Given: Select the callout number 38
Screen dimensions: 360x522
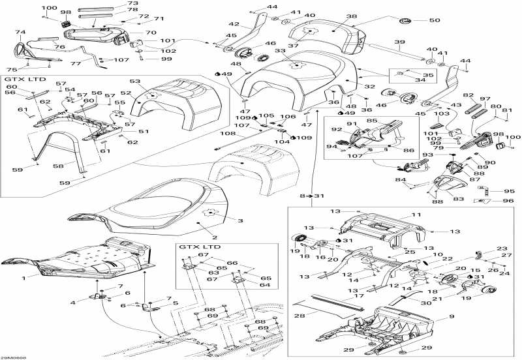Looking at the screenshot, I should pyautogui.click(x=352, y=16).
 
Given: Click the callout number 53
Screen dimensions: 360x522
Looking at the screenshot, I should pyautogui.click(x=135, y=82).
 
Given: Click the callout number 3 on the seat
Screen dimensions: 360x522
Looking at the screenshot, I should pyautogui.click(x=222, y=221).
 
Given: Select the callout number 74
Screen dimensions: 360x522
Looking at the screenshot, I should pyautogui.click(x=20, y=32).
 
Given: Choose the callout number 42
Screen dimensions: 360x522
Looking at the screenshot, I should pyautogui.click(x=233, y=24).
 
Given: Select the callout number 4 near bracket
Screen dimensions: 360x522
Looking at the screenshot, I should pyautogui.click(x=73, y=302).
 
